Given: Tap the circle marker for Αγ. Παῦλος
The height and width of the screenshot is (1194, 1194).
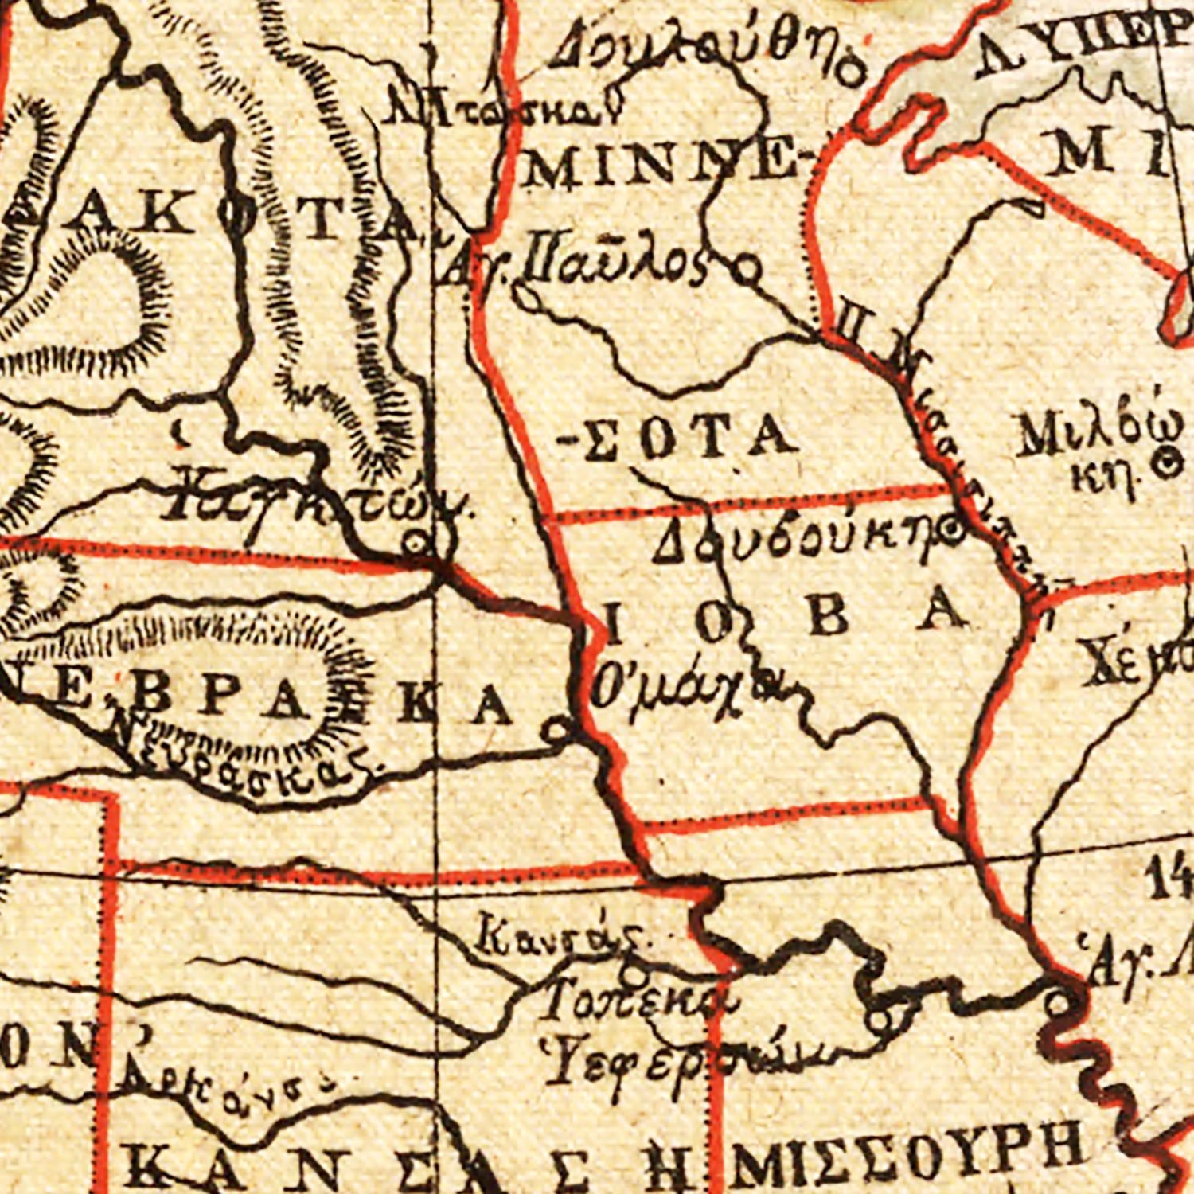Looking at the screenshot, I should pos(747,271).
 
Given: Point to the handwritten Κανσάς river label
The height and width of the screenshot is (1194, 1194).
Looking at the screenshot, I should pos(557,935).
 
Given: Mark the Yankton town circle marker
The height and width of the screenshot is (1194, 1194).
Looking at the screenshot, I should pos(415,545).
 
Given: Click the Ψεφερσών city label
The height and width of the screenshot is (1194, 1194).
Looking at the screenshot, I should pos(685,1059).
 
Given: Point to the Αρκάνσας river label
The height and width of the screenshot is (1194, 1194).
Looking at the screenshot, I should pos(223,1087).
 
